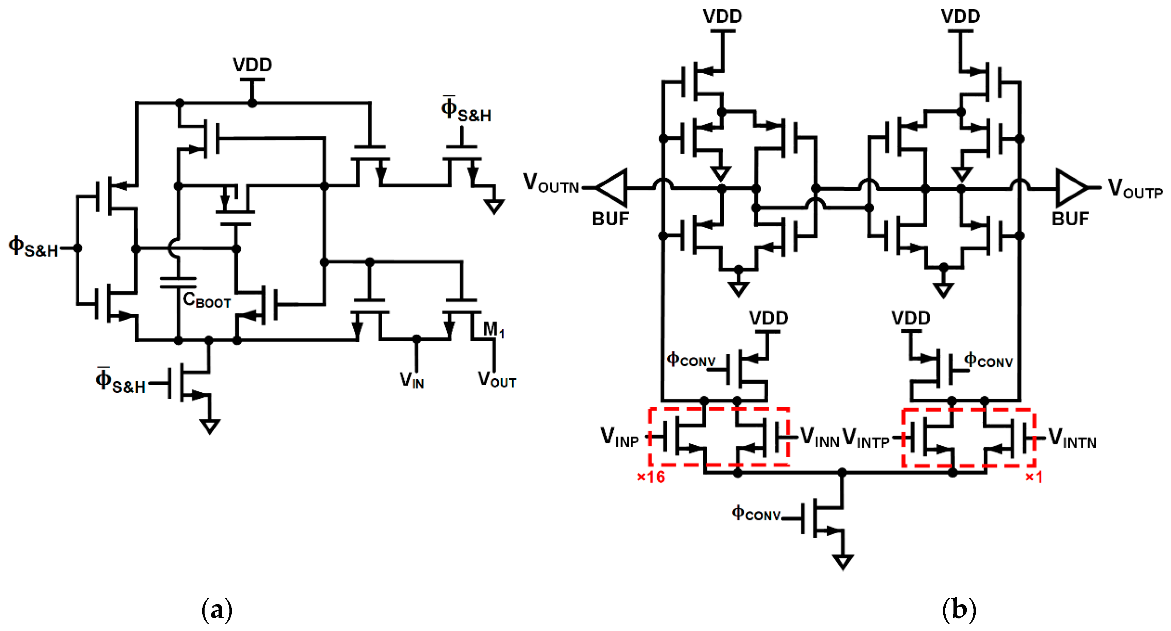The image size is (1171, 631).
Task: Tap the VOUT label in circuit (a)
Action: [x=496, y=379]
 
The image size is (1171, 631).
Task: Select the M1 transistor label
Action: [x=493, y=329]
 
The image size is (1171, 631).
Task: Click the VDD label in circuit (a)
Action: [x=252, y=65]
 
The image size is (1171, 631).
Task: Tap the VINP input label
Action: [x=620, y=437]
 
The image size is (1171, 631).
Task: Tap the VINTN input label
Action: [x=1072, y=439]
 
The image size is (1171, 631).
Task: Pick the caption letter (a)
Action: [x=217, y=610]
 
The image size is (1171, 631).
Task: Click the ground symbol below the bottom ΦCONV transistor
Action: [x=843, y=562]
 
